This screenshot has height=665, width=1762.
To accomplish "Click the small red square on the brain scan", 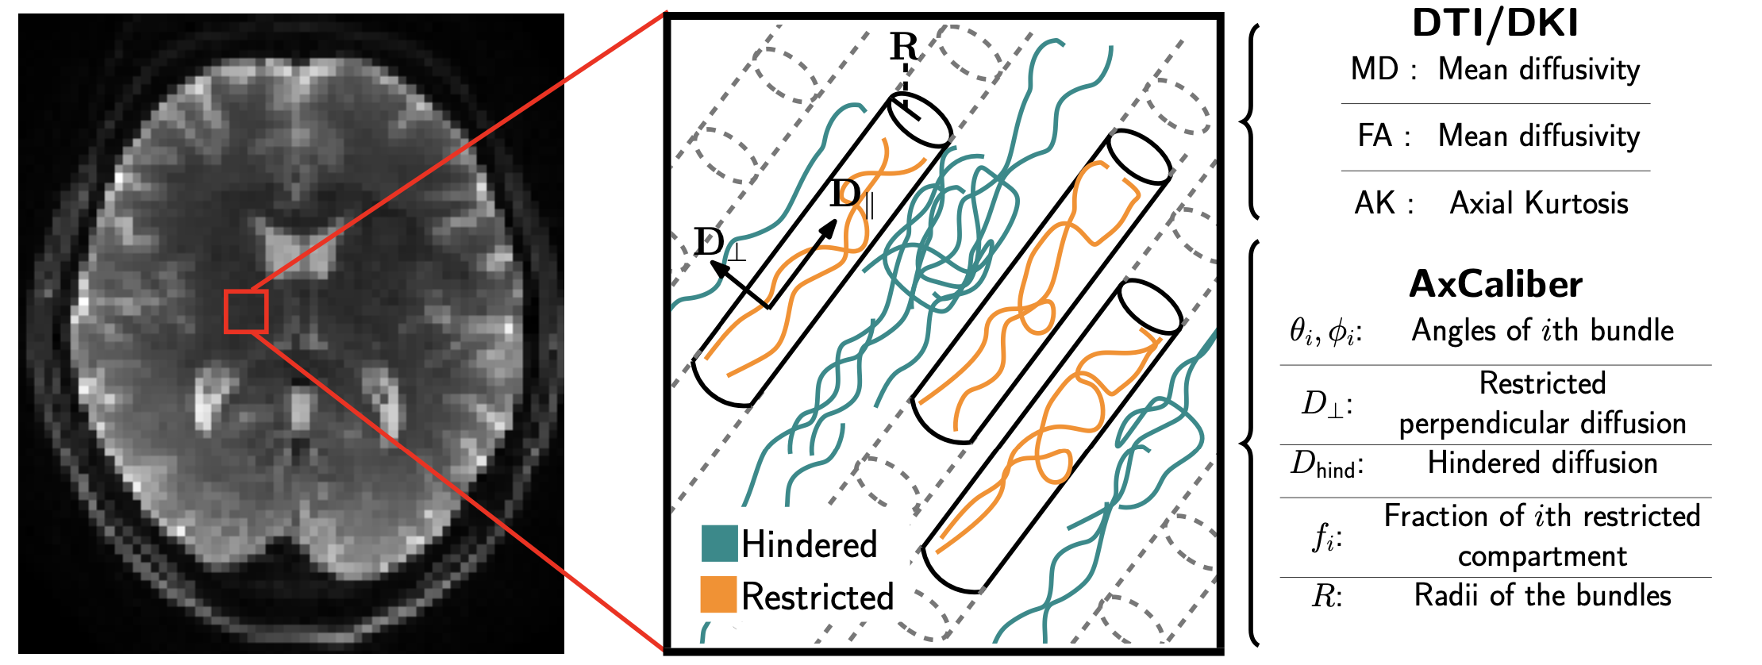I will coord(246,311).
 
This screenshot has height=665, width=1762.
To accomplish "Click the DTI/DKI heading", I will coord(1495,23).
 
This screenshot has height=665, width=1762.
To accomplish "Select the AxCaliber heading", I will coord(1495,284).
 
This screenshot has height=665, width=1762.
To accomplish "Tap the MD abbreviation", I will coord(1375,70).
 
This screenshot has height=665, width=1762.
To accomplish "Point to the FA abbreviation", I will coord(1375,136).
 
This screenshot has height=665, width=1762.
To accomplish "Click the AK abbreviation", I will coord(1375,204).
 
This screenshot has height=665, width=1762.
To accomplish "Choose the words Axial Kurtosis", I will coord(1539,204).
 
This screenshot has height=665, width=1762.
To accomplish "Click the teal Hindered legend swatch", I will coord(719,544).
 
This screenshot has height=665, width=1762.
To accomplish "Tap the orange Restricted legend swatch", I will coord(719,595).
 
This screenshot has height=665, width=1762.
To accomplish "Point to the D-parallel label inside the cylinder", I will coord(851,195).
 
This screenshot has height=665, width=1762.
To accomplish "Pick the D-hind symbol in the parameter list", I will coord(1325,463).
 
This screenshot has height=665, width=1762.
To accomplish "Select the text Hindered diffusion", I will coord(1542,463).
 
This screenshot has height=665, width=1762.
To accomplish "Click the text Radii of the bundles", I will coord(1542,596).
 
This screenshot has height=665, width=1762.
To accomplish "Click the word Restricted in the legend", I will coord(818,597).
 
